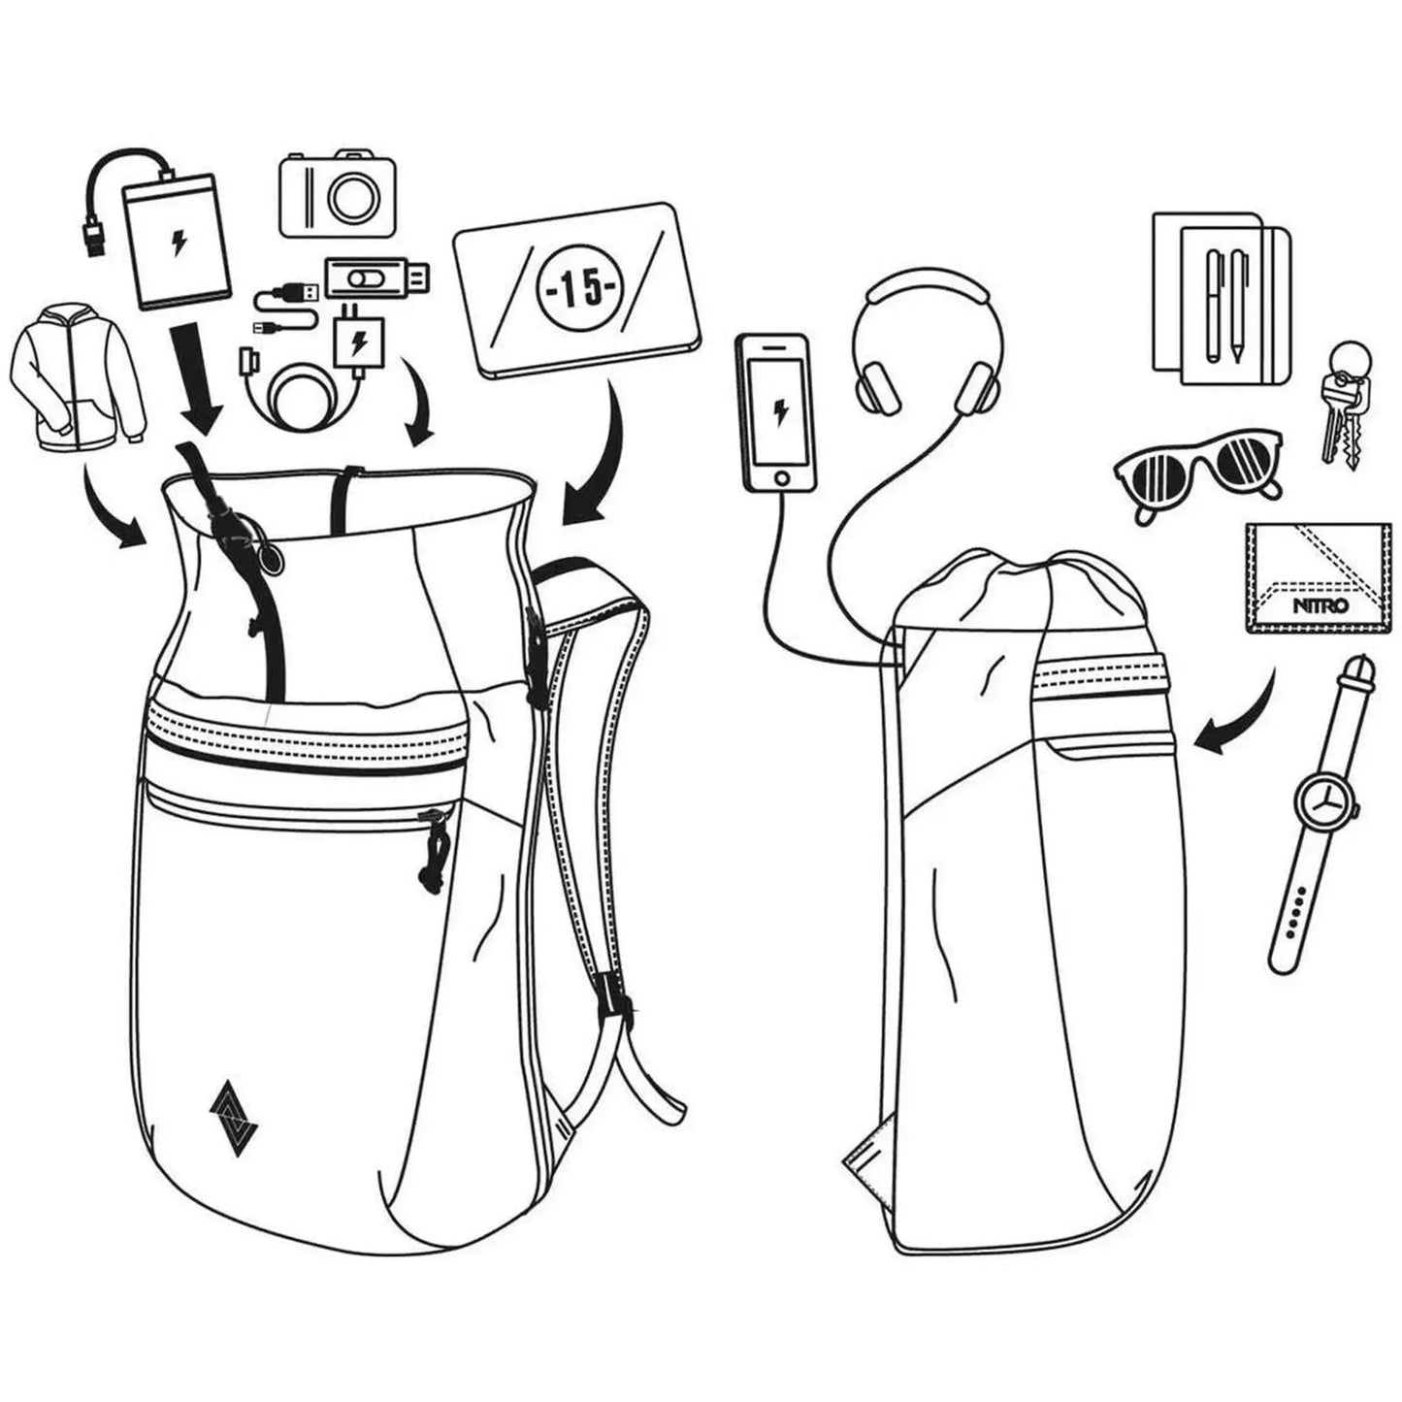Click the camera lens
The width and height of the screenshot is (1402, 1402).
point(353,197)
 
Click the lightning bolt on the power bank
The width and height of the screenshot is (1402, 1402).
point(178,244)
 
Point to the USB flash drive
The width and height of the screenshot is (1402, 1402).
point(378,277)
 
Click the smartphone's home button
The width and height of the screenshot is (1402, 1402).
point(782,478)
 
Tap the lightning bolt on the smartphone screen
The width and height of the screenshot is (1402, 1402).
point(781,412)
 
